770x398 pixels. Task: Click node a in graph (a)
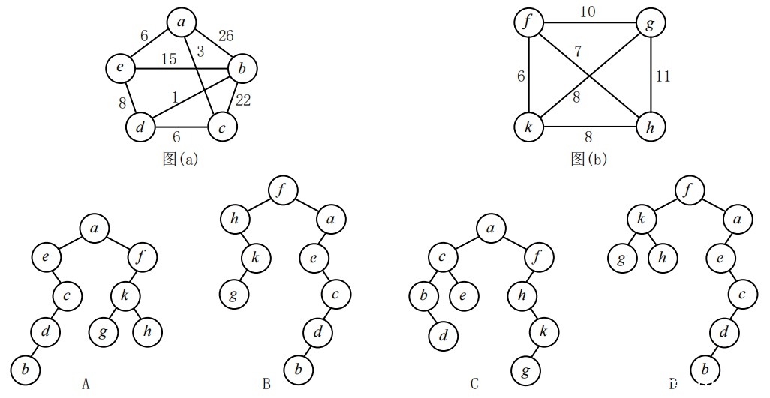(x=181, y=24)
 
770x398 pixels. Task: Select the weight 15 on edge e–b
(x=169, y=59)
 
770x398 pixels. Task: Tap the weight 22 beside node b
(x=242, y=100)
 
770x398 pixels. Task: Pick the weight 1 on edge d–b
(x=175, y=97)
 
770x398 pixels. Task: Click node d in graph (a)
(x=140, y=127)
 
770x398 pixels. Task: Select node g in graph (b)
(x=650, y=24)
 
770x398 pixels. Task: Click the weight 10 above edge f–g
(x=588, y=13)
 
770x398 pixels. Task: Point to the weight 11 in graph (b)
(x=662, y=76)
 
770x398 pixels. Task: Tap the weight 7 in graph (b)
(x=576, y=52)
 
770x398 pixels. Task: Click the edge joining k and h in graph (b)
(x=589, y=127)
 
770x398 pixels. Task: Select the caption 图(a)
(x=180, y=159)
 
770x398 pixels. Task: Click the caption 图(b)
(x=588, y=159)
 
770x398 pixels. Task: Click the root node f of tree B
(x=281, y=191)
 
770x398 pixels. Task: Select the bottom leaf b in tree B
(x=298, y=369)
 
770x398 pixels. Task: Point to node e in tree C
(x=463, y=295)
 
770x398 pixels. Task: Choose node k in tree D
(x=641, y=220)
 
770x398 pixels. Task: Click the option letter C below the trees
(x=474, y=384)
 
